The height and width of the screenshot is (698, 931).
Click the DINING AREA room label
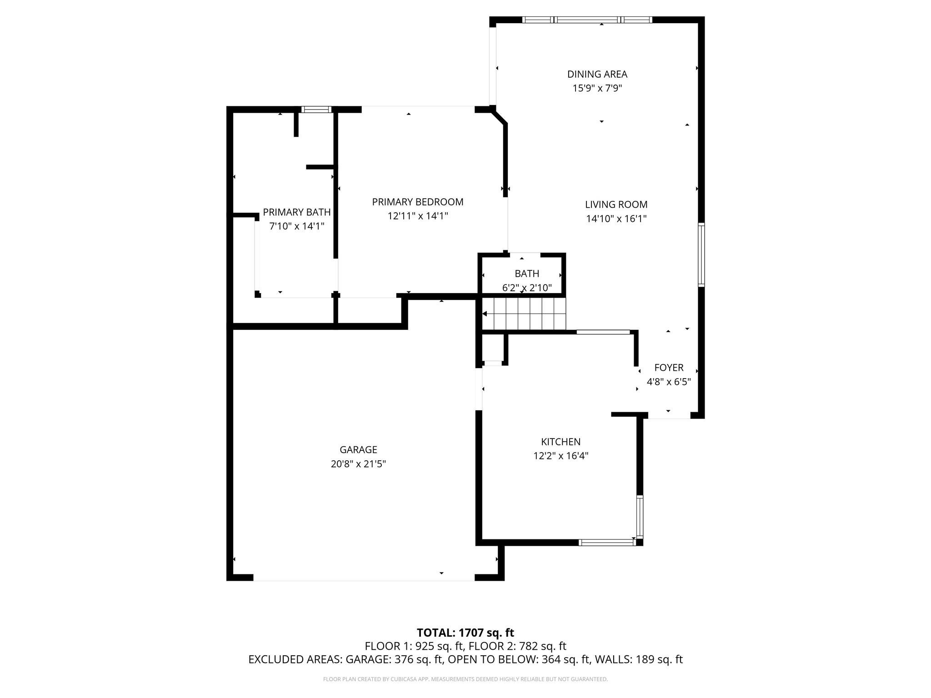coord(597,74)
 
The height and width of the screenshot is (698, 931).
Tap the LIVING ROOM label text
coord(616,204)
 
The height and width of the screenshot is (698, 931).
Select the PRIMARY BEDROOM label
coord(418,202)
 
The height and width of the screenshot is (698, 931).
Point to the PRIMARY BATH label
coord(296,212)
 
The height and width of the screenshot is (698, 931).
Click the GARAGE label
coord(358,449)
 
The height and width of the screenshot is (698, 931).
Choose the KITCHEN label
coord(561,442)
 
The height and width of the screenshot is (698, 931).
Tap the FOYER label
coord(669,368)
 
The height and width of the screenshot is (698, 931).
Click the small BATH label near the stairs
coord(527,274)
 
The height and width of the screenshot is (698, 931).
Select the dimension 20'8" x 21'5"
coord(358,464)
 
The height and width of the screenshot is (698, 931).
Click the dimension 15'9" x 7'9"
coord(597,88)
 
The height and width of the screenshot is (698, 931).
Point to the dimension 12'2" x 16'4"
coord(561,456)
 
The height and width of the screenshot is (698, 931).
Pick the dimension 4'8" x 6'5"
coord(669,382)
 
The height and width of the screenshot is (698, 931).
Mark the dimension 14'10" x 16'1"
coord(616,219)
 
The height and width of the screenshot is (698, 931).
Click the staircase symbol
coord(524,314)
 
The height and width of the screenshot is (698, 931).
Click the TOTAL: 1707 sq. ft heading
coord(465,633)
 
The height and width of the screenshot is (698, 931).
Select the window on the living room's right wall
coord(701,254)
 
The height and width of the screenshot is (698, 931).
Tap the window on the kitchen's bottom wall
coord(607,542)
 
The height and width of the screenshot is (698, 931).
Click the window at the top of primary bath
coord(316,109)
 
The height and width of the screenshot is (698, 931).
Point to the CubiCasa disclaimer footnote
coord(465,679)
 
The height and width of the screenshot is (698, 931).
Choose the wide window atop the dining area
coord(587,20)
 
